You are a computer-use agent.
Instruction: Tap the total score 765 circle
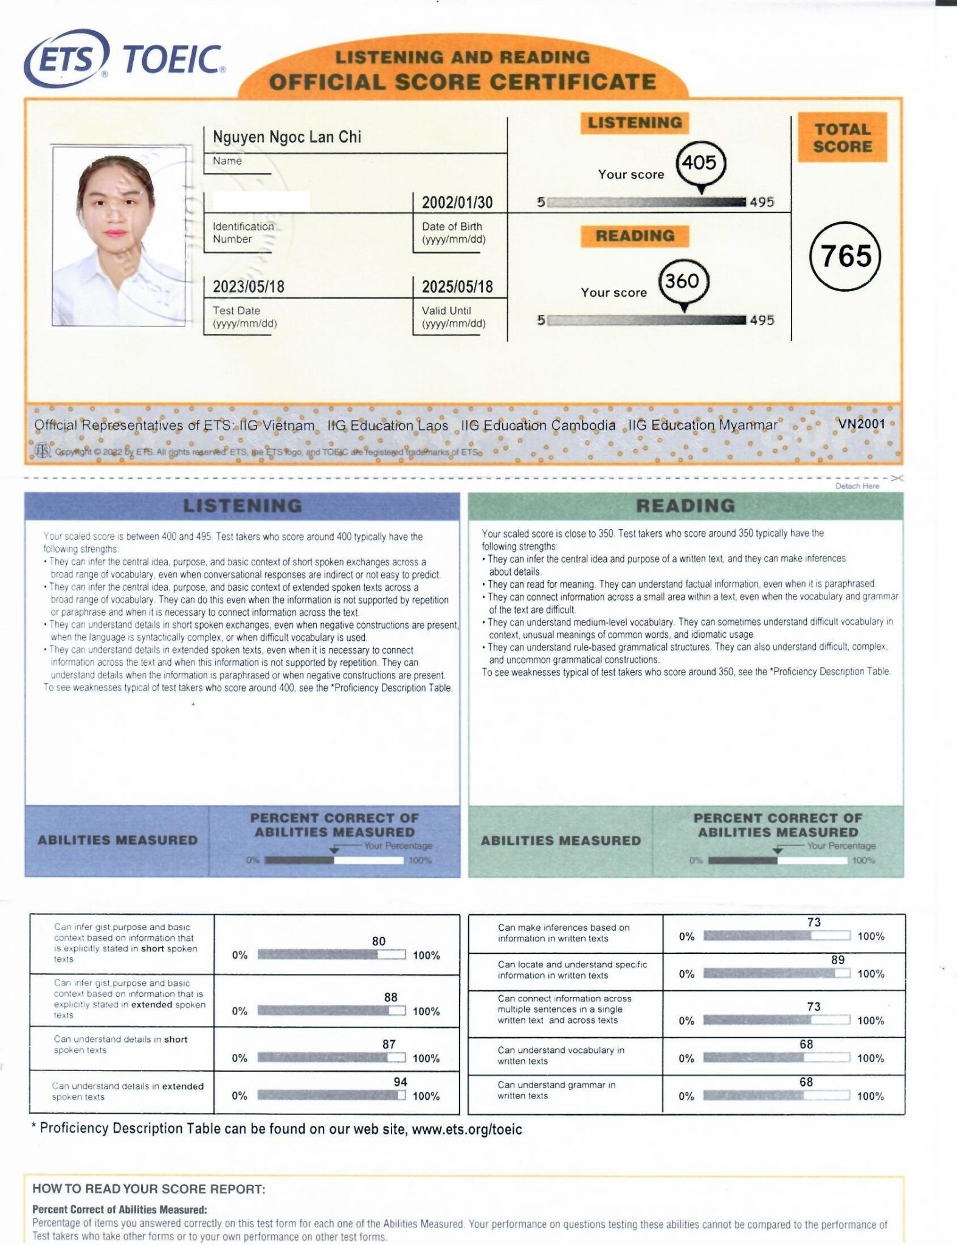pos(845,256)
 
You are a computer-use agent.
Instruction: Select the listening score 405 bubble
pos(700,163)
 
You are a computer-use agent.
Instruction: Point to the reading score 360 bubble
pos(683,281)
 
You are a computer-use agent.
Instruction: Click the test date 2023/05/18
pos(248,287)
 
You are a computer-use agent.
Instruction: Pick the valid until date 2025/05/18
pos(457,287)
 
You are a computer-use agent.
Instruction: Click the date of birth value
pos(457,202)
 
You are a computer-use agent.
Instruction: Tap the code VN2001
pos(862,424)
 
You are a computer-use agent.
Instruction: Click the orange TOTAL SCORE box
pos(842,138)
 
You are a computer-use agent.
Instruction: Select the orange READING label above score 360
pos(635,236)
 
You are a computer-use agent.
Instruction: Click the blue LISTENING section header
pos(243,506)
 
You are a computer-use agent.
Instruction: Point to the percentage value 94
pos(401,1081)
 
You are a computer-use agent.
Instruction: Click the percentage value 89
pos(837,960)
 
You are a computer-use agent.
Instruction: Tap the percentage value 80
pos(379,941)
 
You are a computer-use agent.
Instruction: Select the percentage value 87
pos(389,1044)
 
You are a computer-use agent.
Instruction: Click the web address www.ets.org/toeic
pos(466,1129)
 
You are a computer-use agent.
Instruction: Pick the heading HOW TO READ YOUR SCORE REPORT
pos(149,1189)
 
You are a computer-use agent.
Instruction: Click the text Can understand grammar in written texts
pos(556,1090)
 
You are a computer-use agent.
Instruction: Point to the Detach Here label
pos(857,486)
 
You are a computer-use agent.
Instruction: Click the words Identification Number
pos(243,233)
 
